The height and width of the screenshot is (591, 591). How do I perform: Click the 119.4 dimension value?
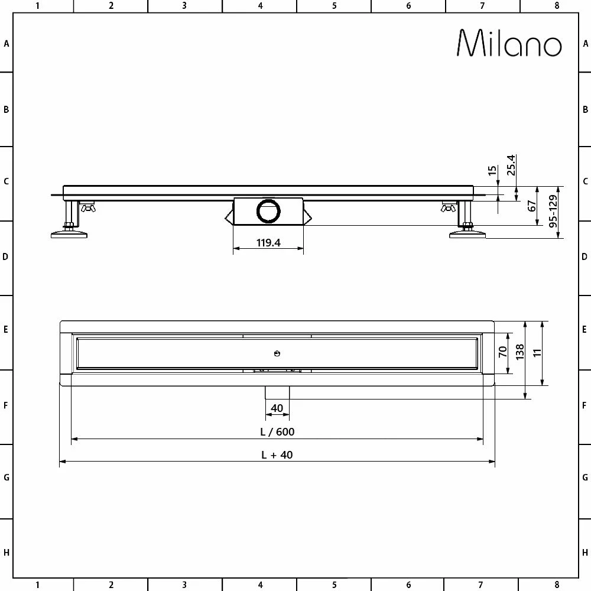pyautogui.click(x=268, y=242)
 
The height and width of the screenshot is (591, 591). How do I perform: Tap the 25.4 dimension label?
pyautogui.click(x=512, y=165)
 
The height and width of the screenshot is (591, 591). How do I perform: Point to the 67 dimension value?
pyautogui.click(x=532, y=206)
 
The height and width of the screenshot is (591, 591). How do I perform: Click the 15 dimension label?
pyautogui.click(x=492, y=171)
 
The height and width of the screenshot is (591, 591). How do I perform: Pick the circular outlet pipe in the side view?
pyautogui.click(x=269, y=211)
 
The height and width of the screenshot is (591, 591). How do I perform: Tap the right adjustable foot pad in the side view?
pyautogui.click(x=467, y=235)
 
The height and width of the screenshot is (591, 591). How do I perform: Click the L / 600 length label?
pyautogui.click(x=277, y=431)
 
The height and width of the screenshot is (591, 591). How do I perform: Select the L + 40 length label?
pyautogui.click(x=277, y=454)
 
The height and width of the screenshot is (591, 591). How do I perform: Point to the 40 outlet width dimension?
pyautogui.click(x=277, y=408)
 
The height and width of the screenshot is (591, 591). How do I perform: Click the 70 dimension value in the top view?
pyautogui.click(x=503, y=352)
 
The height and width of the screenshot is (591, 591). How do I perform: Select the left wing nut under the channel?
pyautogui.click(x=89, y=207)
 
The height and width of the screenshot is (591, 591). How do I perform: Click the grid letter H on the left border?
pyautogui.click(x=6, y=553)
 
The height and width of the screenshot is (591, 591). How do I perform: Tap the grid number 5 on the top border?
pyautogui.click(x=335, y=6)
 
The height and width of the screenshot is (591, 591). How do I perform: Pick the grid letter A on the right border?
pyautogui.click(x=585, y=43)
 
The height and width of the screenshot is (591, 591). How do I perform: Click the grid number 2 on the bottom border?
pyautogui.click(x=111, y=585)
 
